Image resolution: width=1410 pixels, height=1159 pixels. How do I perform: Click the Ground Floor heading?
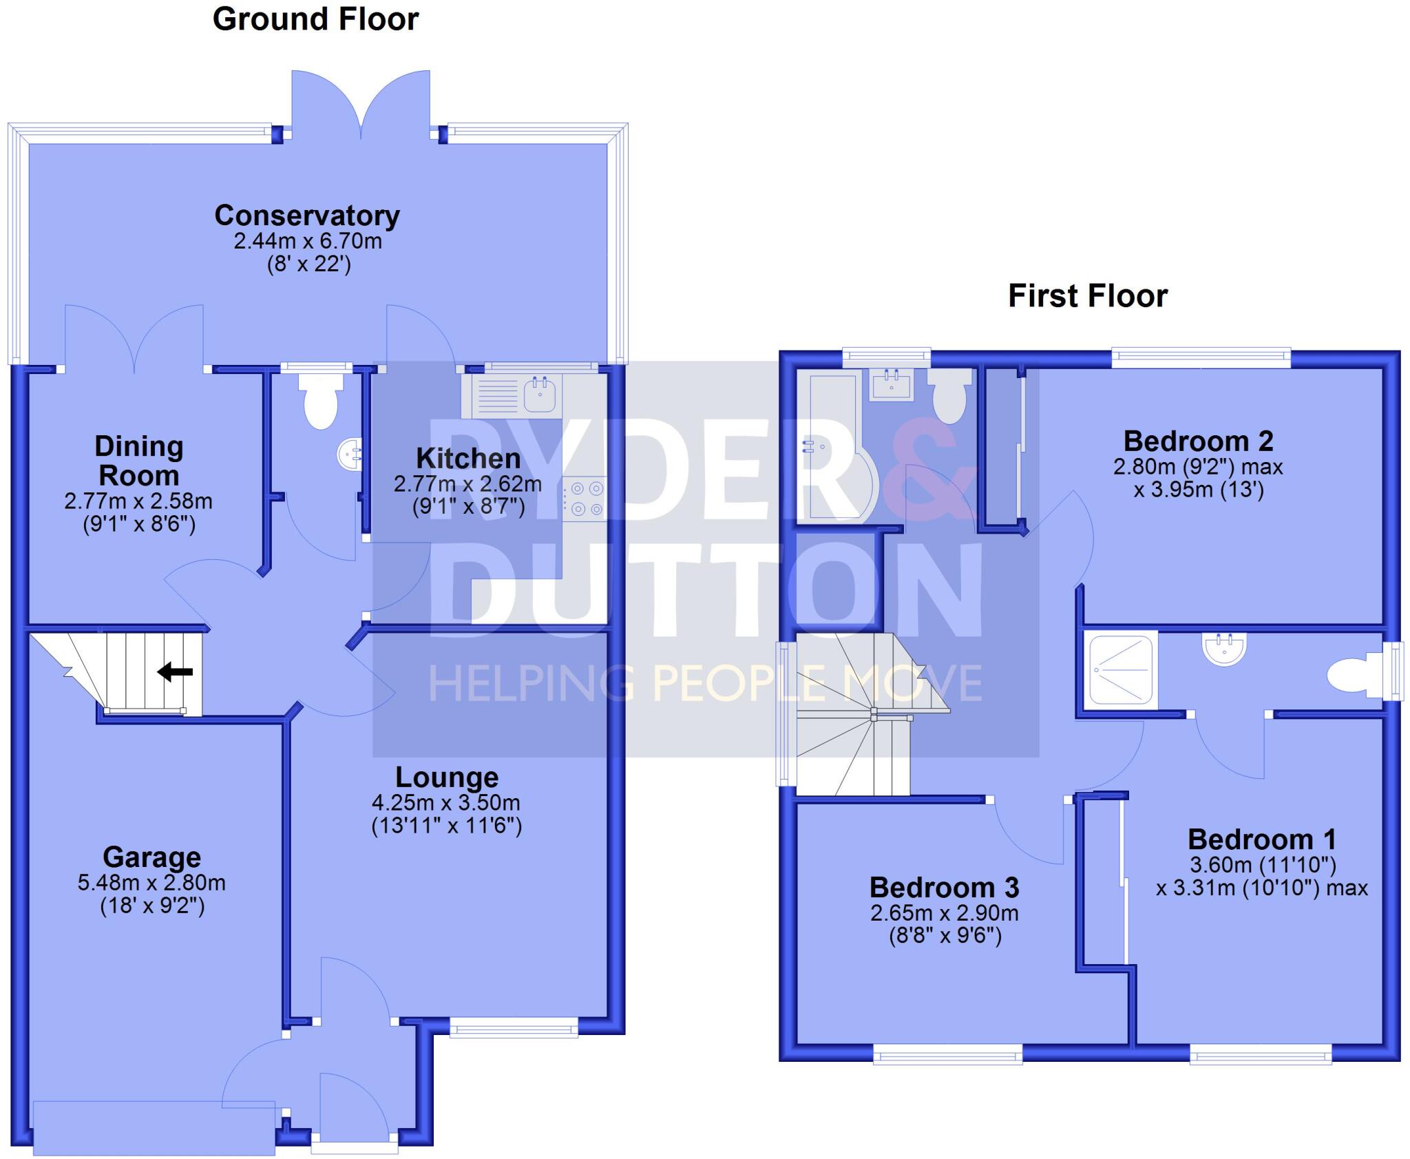pyautogui.click(x=315, y=19)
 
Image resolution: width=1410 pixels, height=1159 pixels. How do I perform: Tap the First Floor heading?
pyautogui.click(x=1088, y=296)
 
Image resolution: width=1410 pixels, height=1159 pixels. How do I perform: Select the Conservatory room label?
pyautogui.click(x=307, y=216)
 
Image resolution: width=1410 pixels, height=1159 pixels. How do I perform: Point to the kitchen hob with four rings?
pyautogui.click(x=586, y=499)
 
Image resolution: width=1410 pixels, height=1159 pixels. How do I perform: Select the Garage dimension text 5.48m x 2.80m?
pyautogui.click(x=151, y=883)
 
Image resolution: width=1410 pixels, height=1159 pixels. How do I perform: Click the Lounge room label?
pyautogui.click(x=447, y=777)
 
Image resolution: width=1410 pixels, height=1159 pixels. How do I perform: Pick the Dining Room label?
pyautogui.click(x=139, y=461)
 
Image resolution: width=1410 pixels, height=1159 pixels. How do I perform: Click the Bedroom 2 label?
pyautogui.click(x=1198, y=441)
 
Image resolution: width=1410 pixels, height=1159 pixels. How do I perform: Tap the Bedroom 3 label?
pyautogui.click(x=944, y=887)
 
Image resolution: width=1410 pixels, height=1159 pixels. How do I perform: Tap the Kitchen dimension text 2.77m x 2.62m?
pyautogui.click(x=467, y=484)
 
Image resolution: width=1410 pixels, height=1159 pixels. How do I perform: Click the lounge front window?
pyautogui.click(x=514, y=1030)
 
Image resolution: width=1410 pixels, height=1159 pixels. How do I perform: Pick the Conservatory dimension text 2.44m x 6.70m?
pyautogui.click(x=307, y=242)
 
